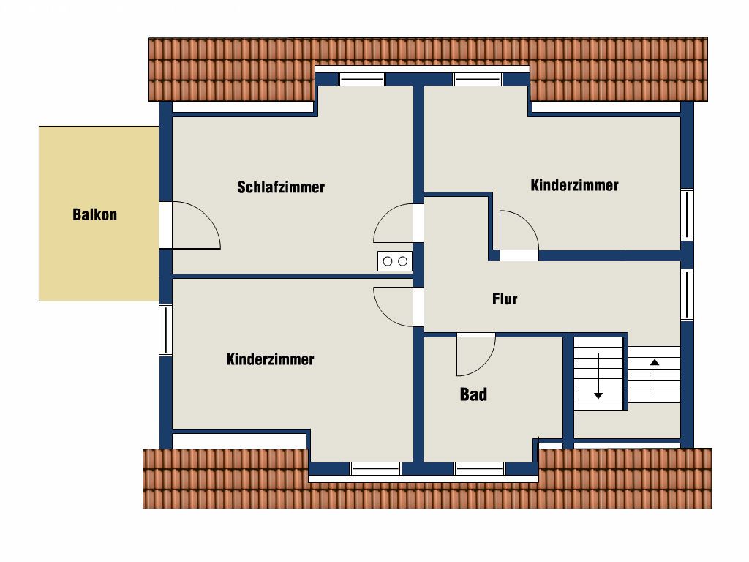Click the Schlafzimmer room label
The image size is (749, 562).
tap(281, 187)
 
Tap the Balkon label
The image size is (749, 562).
tap(94, 214)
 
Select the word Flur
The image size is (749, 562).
tap(505, 299)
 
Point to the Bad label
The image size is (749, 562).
tap(473, 394)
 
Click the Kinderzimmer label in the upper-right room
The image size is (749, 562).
tap(574, 185)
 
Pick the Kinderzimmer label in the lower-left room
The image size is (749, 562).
tap(270, 359)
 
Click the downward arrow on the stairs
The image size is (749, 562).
tap(598, 376)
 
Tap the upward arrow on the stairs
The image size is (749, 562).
tap(655, 378)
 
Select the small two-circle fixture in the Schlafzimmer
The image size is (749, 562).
tap(395, 261)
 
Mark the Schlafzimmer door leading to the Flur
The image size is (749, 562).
tap(382, 217)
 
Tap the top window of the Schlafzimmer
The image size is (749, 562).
tap(361, 79)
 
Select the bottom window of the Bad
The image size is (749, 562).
tap(479, 469)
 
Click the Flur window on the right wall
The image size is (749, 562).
tap(687, 295)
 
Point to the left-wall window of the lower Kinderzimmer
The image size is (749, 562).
tap(165, 330)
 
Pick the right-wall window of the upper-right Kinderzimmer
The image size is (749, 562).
tap(687, 214)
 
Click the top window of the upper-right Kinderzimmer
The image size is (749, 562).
tap(478, 79)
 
